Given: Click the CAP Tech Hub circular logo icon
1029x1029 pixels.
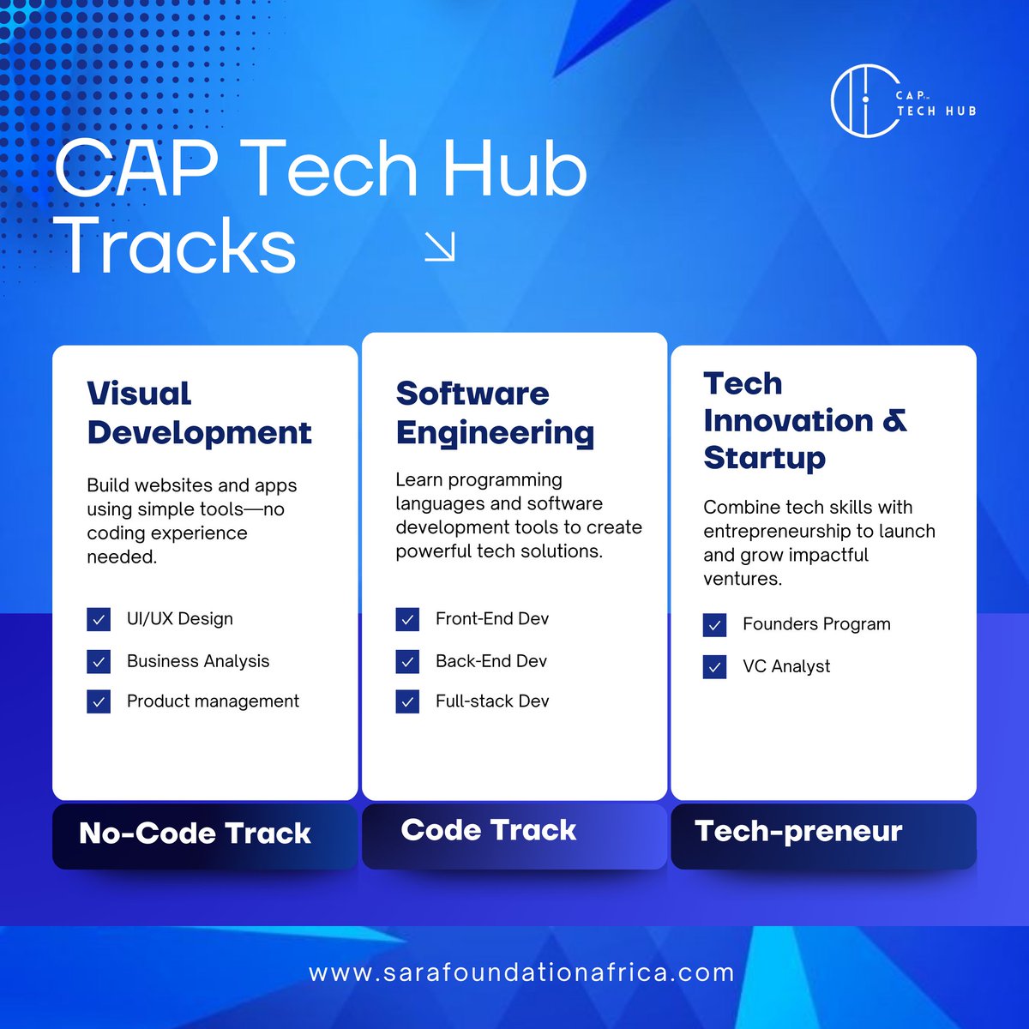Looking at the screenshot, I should tap(864, 99).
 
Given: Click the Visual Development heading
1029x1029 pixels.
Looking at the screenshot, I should tap(199, 412).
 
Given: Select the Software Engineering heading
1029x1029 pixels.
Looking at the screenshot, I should tap(495, 412).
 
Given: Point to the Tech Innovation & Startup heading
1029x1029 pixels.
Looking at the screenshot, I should tap(804, 420).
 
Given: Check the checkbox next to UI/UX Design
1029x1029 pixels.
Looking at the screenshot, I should tap(99, 619).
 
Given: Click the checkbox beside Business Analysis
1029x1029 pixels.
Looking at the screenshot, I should tap(99, 661).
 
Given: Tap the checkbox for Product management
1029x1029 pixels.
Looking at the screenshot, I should tap(99, 701).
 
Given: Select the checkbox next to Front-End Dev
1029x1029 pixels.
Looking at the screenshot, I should tap(407, 619).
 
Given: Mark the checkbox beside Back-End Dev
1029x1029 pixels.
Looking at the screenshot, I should tap(407, 661).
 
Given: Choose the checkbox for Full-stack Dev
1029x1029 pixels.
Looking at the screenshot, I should tap(407, 701).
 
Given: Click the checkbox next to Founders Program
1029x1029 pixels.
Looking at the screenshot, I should tap(714, 624).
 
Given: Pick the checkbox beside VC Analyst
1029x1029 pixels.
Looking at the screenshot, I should tap(714, 666).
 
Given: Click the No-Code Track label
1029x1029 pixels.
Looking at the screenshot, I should tap(195, 833).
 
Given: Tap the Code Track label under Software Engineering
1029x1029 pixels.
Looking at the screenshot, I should tap(489, 830).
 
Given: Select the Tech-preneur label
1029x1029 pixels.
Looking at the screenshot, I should tap(798, 831).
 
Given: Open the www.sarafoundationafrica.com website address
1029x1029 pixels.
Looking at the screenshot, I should tap(521, 973).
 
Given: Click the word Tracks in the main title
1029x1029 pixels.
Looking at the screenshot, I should tap(180, 247).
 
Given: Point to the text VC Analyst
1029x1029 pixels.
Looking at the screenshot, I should tap(786, 666).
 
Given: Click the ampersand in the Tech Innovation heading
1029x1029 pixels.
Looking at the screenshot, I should tap(894, 421).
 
